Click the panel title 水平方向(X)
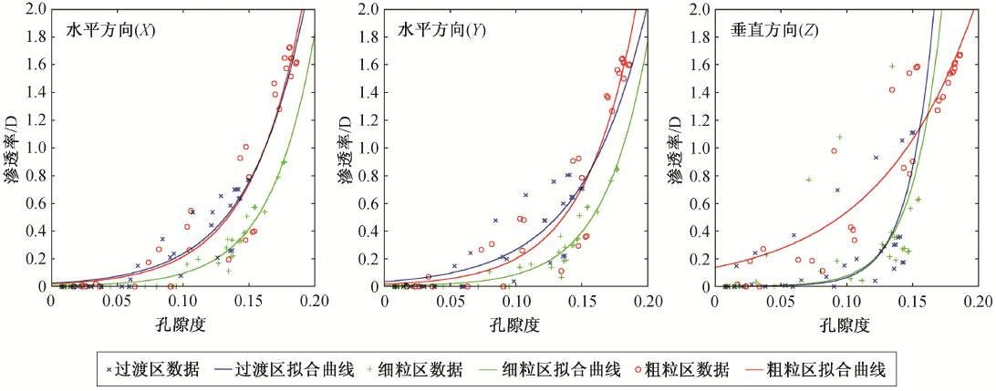110,30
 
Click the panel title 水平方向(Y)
442,30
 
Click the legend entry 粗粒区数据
687,369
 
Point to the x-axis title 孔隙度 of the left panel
183,324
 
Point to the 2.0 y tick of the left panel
37,10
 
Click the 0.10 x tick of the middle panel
516,300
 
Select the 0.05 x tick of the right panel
782,300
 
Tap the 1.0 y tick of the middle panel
369,149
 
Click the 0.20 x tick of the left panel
314,300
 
